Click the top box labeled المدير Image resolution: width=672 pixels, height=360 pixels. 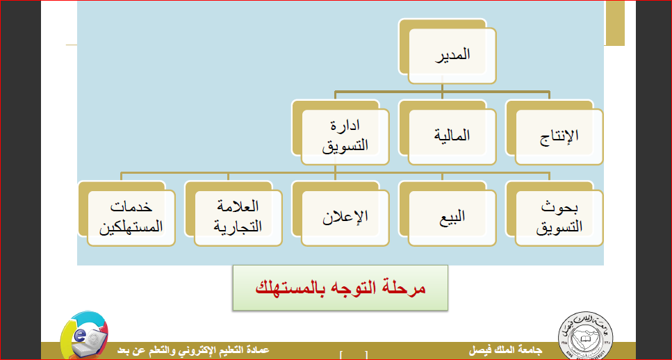452,56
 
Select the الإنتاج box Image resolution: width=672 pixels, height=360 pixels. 559,137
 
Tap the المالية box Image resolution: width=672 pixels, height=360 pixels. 452,137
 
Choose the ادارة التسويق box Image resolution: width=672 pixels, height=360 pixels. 345,137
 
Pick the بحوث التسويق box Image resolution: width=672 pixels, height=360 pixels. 559,218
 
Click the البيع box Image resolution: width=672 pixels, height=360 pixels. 452,218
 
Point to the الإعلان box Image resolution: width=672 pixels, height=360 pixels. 345,218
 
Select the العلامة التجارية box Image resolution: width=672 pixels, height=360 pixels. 238,218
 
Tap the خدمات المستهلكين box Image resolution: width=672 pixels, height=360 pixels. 131,218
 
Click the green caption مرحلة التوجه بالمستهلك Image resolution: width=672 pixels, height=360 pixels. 341,288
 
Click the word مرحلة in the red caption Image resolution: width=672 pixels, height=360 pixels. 407,288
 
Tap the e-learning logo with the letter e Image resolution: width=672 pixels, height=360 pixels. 84,334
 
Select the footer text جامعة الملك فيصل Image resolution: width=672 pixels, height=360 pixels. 507,350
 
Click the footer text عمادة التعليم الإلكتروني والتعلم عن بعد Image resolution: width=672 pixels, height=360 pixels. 193,350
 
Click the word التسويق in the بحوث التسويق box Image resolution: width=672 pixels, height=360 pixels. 559,227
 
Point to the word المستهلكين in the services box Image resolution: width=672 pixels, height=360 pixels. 131,227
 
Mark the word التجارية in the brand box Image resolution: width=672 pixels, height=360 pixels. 238,227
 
